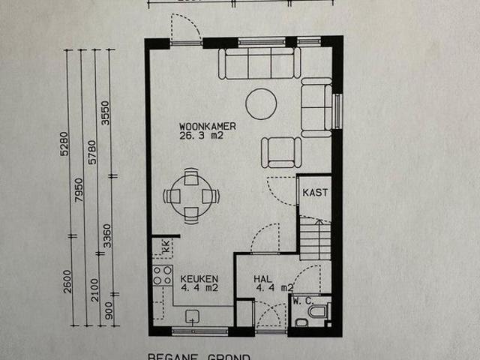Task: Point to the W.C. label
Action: tap(304, 299)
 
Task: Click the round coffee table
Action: tap(261, 104)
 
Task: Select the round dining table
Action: tap(191, 196)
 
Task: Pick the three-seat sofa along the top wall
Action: tap(258, 64)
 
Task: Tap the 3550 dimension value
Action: tap(106, 112)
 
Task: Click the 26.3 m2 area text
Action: tap(201, 136)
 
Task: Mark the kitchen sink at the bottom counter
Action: tap(192, 316)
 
